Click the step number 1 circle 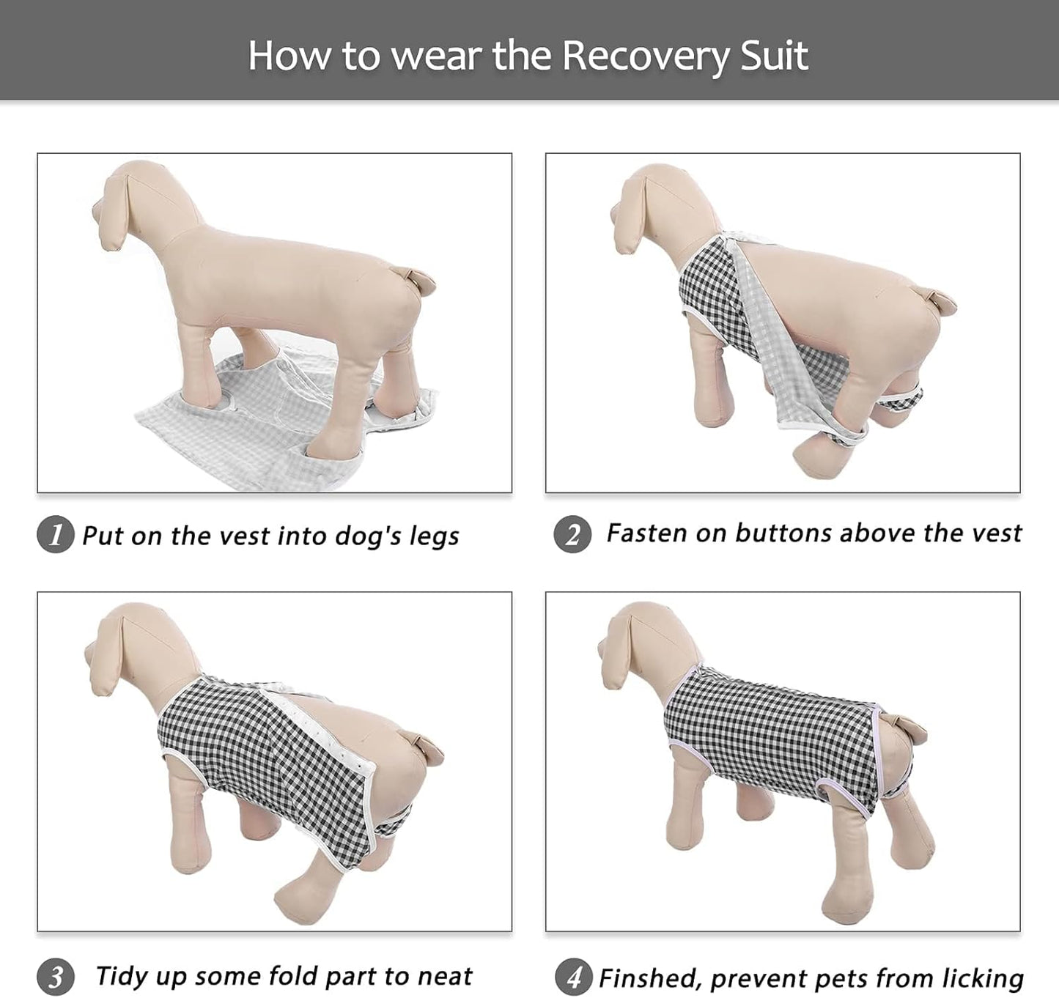click(55, 534)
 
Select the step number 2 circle click(572, 534)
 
